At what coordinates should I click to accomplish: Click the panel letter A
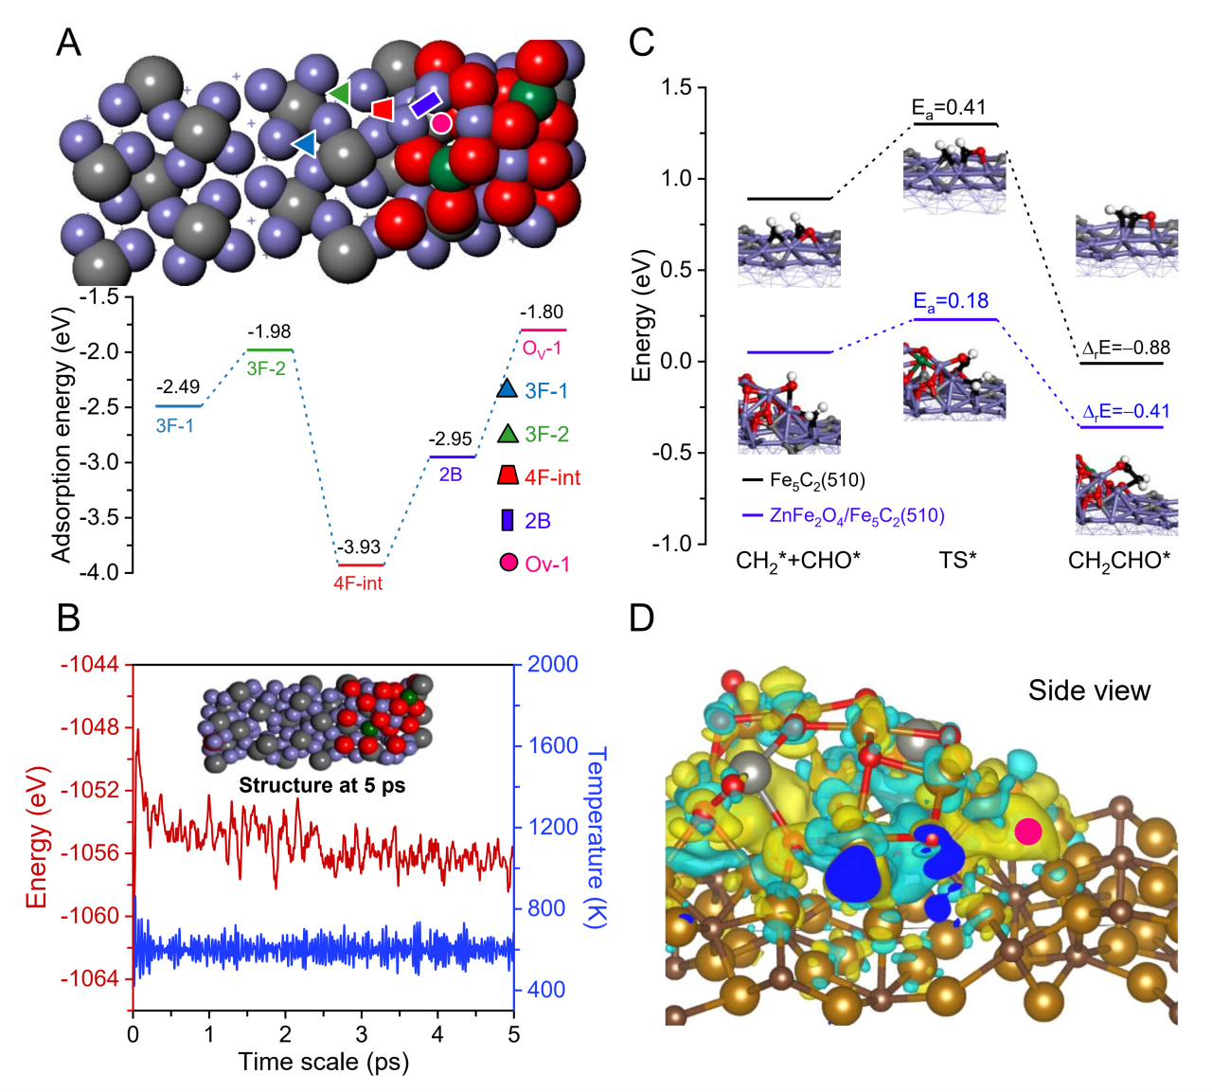68,43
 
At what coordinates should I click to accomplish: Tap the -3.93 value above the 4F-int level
360,547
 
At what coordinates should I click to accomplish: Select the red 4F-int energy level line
360,564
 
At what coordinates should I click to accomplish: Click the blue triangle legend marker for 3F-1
508,388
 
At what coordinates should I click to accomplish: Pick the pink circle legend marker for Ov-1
508,563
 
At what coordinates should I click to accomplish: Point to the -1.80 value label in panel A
542,313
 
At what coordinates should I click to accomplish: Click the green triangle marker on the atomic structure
339,93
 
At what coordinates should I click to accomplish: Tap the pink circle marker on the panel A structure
441,122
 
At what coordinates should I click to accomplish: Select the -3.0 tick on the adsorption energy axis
111,462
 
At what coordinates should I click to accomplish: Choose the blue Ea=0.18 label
950,302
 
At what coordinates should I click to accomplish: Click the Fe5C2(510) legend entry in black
816,480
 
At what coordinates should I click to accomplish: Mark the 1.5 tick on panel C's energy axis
675,87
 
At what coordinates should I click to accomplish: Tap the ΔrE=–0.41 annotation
1125,412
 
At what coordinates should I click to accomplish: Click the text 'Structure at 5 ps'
322,785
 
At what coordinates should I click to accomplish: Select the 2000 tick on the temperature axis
552,664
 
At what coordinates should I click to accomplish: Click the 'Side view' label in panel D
1089,690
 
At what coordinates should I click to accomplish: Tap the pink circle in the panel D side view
1027,832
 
